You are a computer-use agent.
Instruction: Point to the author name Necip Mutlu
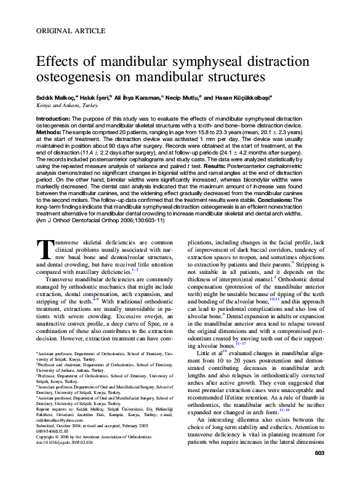pos(183,97)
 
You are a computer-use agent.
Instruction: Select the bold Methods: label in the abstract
pos(51,132)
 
